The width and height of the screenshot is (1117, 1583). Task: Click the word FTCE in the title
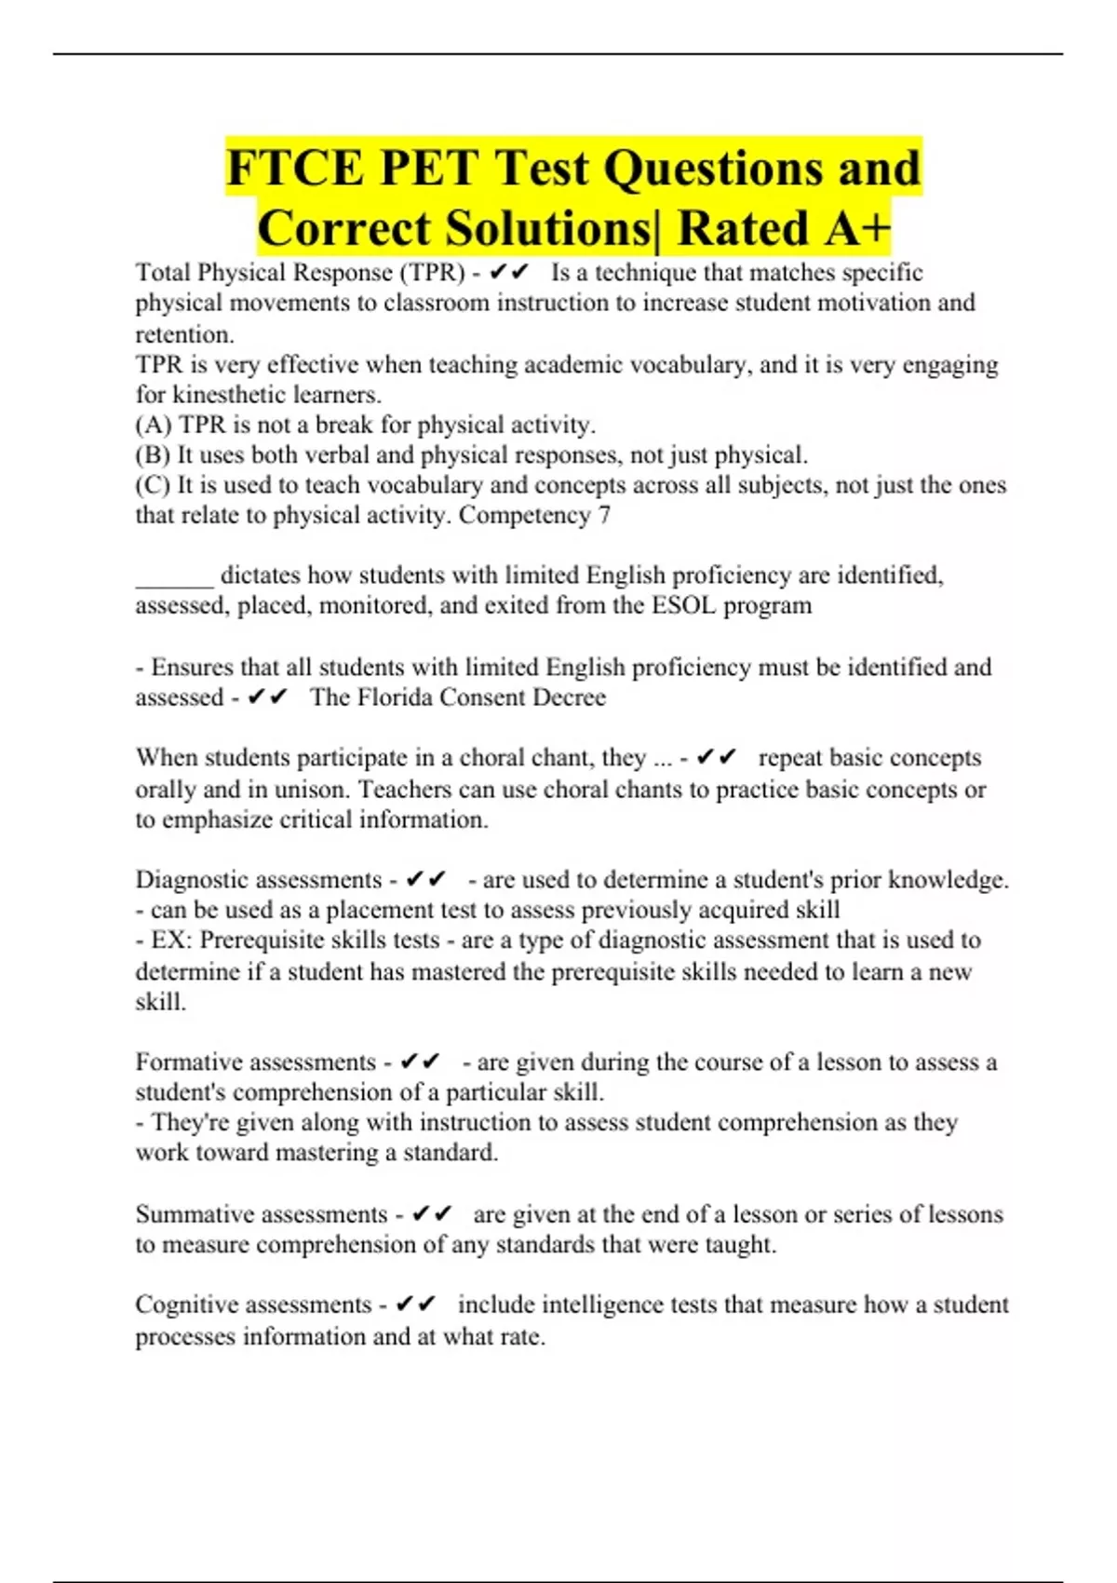coord(294,169)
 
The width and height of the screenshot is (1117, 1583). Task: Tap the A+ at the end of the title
coord(854,229)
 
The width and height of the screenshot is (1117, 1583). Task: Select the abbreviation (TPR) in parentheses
coord(432,273)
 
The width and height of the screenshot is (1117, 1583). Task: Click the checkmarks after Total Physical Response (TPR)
coord(508,272)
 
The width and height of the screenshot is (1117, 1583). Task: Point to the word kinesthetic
coord(233,394)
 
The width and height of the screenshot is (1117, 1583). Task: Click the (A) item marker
coord(154,425)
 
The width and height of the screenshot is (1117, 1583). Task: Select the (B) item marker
coord(153,454)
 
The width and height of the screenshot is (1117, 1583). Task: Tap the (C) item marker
coord(153,485)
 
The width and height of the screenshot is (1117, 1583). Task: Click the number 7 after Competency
coord(604,515)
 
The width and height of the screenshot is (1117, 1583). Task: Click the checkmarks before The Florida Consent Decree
coord(268,697)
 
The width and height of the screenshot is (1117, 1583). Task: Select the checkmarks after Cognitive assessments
coord(415,1305)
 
